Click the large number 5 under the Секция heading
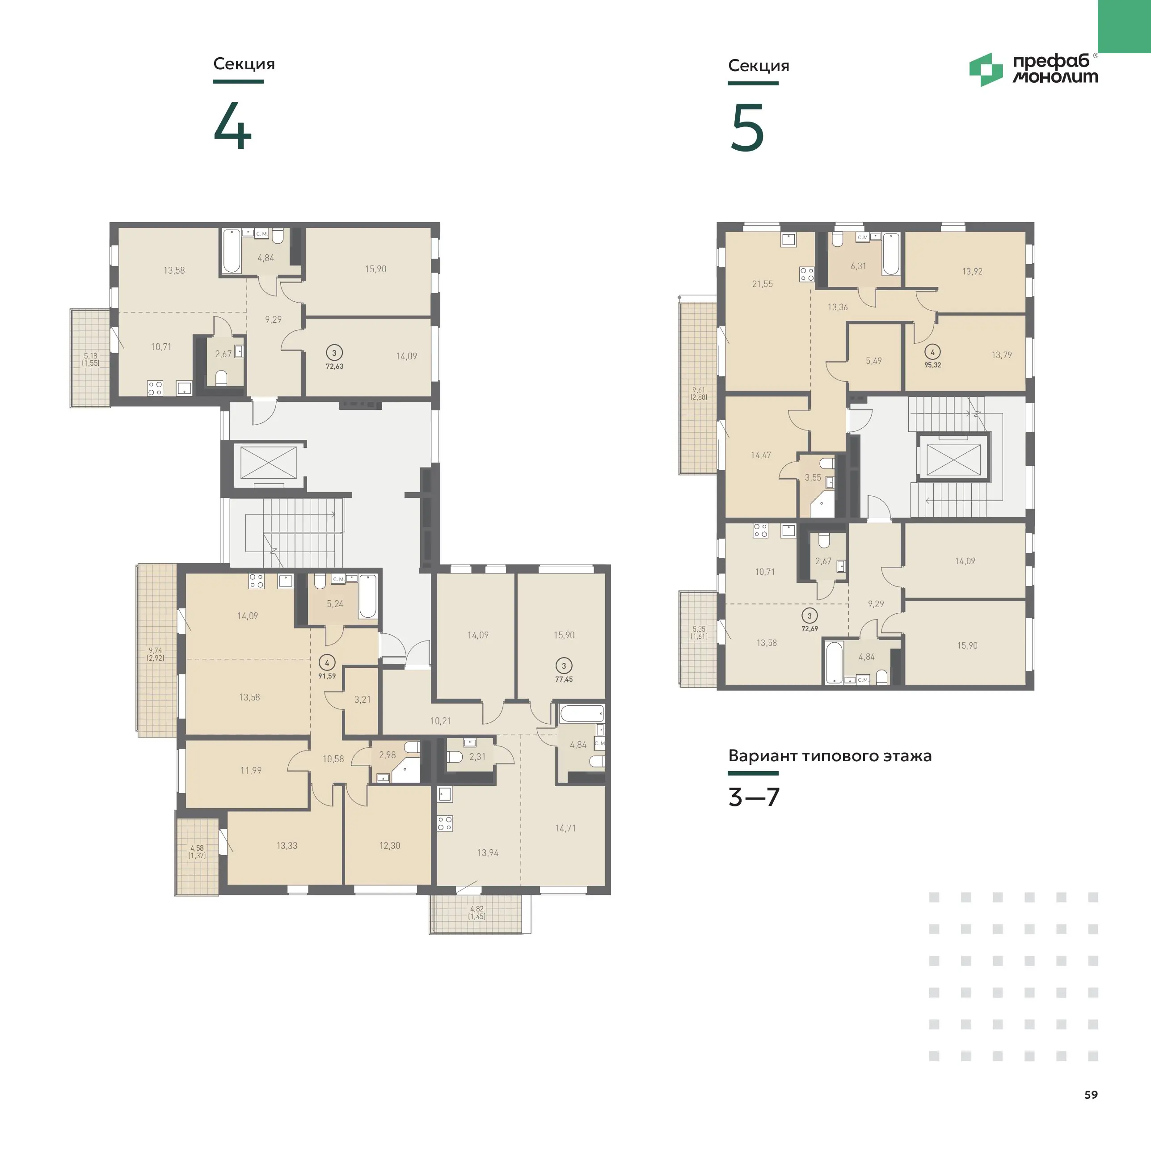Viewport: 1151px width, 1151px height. point(747,127)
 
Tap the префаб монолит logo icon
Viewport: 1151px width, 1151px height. point(986,70)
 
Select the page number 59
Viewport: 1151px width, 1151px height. point(1091,1094)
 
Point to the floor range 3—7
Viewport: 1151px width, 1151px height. point(754,797)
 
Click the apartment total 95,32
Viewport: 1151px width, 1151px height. point(932,365)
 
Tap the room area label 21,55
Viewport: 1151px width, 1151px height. point(763,284)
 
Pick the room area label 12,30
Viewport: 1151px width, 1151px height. point(390,845)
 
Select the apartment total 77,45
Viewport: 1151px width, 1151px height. point(564,679)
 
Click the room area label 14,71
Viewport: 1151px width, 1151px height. point(565,828)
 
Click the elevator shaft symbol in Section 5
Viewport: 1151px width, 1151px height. point(953,460)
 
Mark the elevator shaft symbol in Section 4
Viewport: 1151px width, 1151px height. point(268,462)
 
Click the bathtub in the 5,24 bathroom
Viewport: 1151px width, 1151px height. point(367,596)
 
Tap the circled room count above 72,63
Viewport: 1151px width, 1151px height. point(334,353)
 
